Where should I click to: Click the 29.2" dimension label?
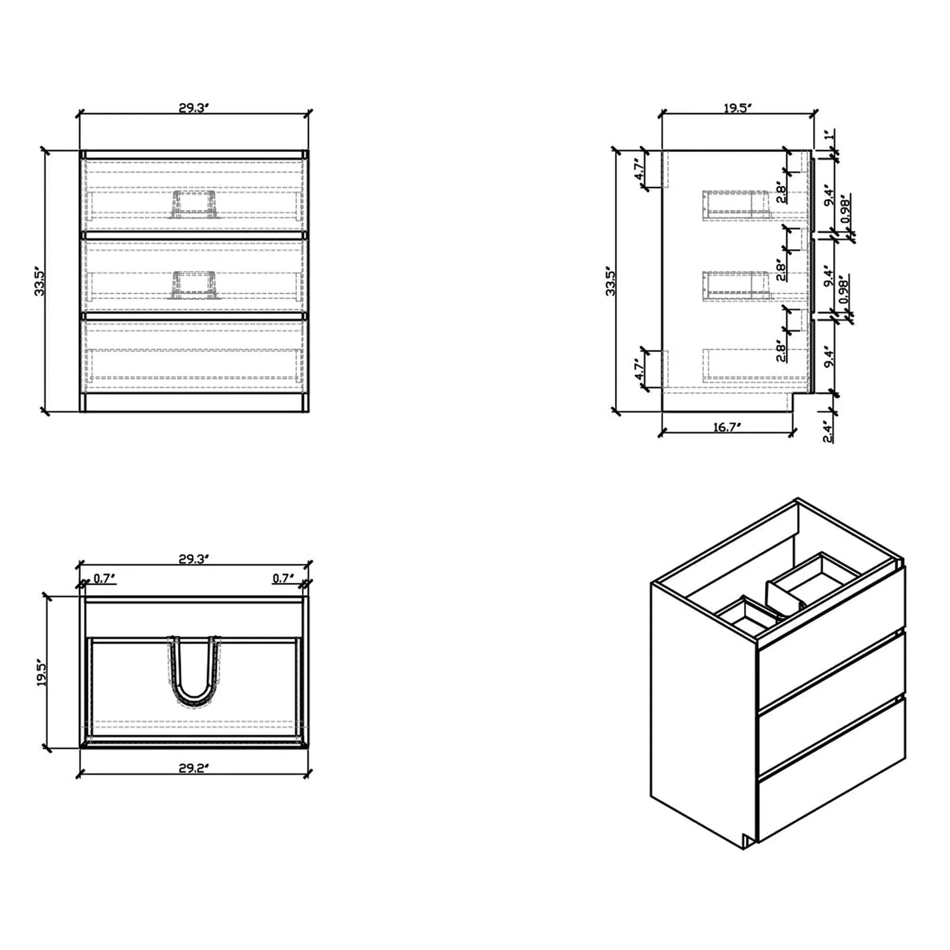[x=194, y=768]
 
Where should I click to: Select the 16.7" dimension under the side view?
[x=728, y=427]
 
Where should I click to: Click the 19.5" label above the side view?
[x=737, y=108]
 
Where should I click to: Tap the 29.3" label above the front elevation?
[x=194, y=108]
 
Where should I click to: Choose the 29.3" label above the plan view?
[x=194, y=559]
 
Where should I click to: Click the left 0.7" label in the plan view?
[x=104, y=578]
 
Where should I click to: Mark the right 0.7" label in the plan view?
[x=283, y=578]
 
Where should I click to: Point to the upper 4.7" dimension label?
[x=639, y=169]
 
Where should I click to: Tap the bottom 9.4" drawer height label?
[x=829, y=357]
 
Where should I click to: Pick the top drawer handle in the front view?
[x=194, y=204]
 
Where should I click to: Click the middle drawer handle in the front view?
[x=194, y=285]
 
